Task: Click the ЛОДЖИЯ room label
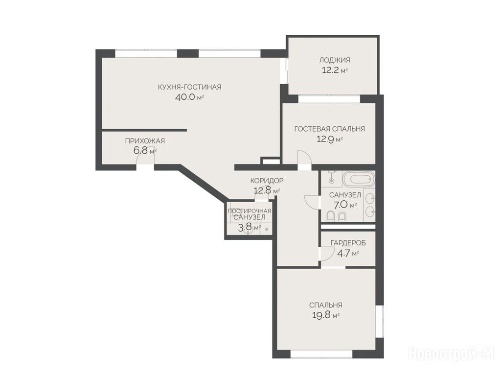pyautogui.click(x=335, y=60)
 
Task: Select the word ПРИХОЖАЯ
pyautogui.click(x=145, y=141)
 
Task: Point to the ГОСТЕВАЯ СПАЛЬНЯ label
pyautogui.click(x=329, y=129)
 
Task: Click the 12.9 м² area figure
pyautogui.click(x=329, y=139)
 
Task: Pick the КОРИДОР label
pyautogui.click(x=267, y=180)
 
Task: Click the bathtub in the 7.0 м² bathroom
pyautogui.click(x=358, y=179)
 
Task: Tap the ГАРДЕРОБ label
pyautogui.click(x=348, y=243)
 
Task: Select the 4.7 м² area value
pyautogui.click(x=348, y=253)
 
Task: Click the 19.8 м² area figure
pyautogui.click(x=325, y=315)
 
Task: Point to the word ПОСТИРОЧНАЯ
pyautogui.click(x=249, y=211)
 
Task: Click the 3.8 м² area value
pyautogui.click(x=249, y=228)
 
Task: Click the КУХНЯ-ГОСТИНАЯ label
pyautogui.click(x=189, y=87)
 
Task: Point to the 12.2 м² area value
pyautogui.click(x=335, y=70)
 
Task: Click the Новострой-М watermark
pyautogui.click(x=452, y=354)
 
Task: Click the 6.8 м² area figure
pyautogui.click(x=145, y=150)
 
